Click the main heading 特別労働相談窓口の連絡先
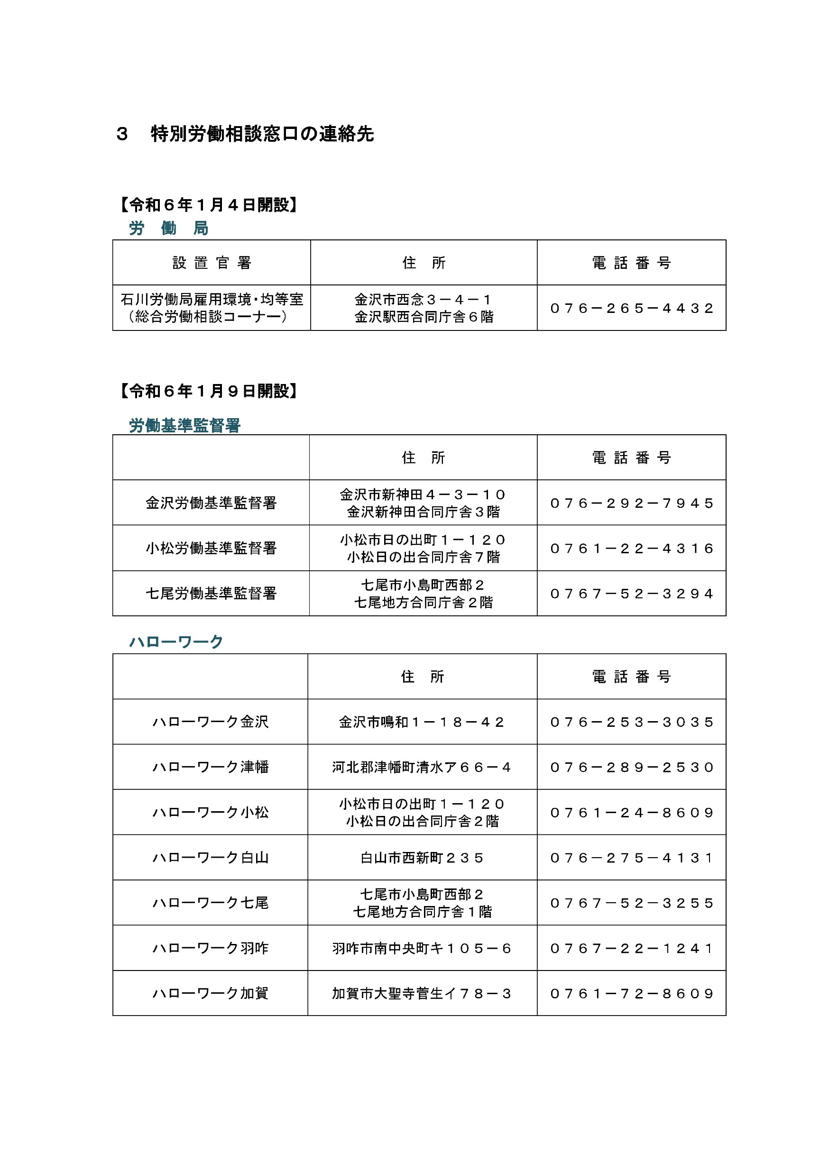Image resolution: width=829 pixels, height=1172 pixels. click(262, 134)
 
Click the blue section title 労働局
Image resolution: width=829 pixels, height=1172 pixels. click(168, 228)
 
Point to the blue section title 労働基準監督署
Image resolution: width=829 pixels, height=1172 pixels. click(184, 425)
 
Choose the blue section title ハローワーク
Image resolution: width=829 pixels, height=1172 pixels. click(175, 641)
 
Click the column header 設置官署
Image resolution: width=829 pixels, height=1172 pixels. click(212, 263)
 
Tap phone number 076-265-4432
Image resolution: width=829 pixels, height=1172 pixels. click(631, 308)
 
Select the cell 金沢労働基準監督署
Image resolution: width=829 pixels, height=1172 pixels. click(211, 503)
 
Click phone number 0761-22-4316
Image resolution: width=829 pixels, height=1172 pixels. click(631, 548)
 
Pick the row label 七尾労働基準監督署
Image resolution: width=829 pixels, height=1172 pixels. click(211, 593)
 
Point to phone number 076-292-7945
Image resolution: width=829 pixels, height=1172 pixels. click(631, 504)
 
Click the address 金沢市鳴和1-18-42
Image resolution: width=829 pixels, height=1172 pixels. click(422, 722)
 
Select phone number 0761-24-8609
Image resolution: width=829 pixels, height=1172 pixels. click(631, 812)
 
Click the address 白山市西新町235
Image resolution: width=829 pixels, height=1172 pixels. click(422, 858)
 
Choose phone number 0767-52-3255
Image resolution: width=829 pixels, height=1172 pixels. click(631, 903)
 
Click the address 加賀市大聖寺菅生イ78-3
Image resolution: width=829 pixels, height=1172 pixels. click(422, 993)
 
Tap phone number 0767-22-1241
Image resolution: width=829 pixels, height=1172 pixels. click(631, 948)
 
